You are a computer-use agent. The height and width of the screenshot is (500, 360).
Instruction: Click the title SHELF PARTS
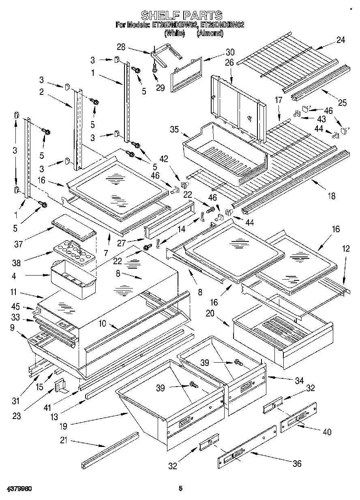(x=181, y=15)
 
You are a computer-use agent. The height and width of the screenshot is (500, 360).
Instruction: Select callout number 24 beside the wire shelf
(x=341, y=40)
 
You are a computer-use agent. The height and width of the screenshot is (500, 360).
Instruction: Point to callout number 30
(x=230, y=52)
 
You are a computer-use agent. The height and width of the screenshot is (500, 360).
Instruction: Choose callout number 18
(x=331, y=196)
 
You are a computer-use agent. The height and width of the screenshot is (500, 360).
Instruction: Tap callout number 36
(x=297, y=464)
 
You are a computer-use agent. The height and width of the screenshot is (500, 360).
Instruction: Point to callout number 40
(x=326, y=432)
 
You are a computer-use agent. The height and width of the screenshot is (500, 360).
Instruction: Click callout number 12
(x=345, y=249)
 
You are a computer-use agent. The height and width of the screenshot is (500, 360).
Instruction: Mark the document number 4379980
(x=19, y=489)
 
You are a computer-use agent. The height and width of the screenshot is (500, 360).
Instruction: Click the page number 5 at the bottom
(x=180, y=489)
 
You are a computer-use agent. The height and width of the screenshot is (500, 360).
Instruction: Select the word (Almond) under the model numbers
(x=210, y=34)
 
